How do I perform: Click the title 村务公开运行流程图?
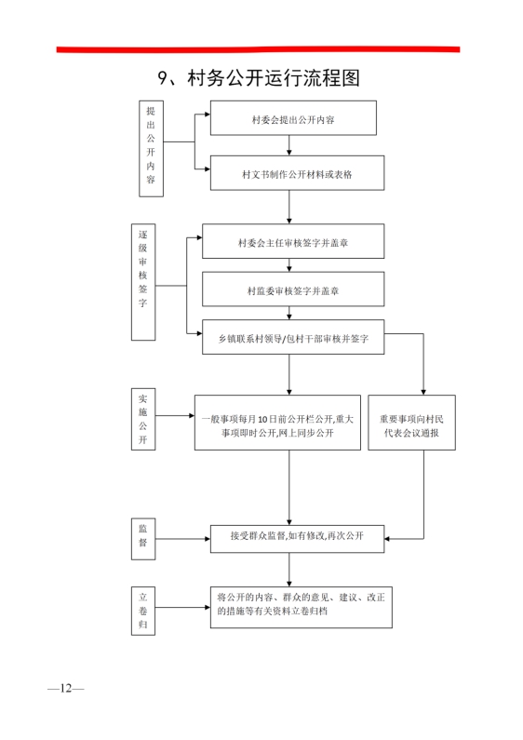coord(259,78)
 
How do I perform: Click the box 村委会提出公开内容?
coord(293,118)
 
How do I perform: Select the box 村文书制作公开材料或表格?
coord(297,173)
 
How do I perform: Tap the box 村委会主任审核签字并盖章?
coord(293,241)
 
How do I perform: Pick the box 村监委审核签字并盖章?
coord(293,289)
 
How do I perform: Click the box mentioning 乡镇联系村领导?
coord(293,337)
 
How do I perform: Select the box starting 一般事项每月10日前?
coord(277,423)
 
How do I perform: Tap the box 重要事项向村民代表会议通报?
coord(411,423)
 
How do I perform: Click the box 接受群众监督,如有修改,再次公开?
coord(297,539)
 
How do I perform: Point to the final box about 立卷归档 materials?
coord(302,608)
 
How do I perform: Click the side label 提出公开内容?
coord(151,149)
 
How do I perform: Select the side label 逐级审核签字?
coord(143,282)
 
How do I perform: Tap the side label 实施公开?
coord(143,419)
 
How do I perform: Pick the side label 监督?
coord(143,539)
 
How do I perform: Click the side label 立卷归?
coord(143,611)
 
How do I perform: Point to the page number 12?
coord(66,688)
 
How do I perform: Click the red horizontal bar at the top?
coord(258,49)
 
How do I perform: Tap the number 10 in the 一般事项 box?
coord(262,419)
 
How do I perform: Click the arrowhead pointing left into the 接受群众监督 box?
coord(387,539)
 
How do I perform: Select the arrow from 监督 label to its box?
coord(182,539)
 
